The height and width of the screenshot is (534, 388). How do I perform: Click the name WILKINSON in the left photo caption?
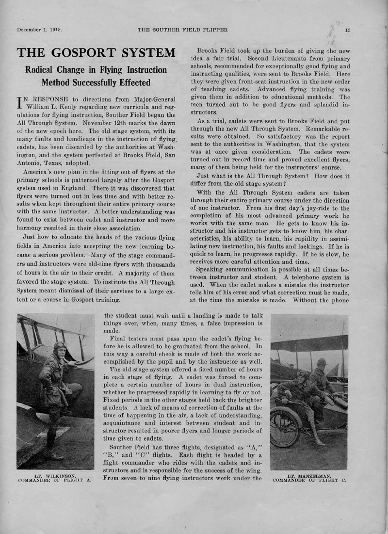coord(56,476)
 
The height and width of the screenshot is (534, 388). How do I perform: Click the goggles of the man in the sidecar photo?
coord(302,374)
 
